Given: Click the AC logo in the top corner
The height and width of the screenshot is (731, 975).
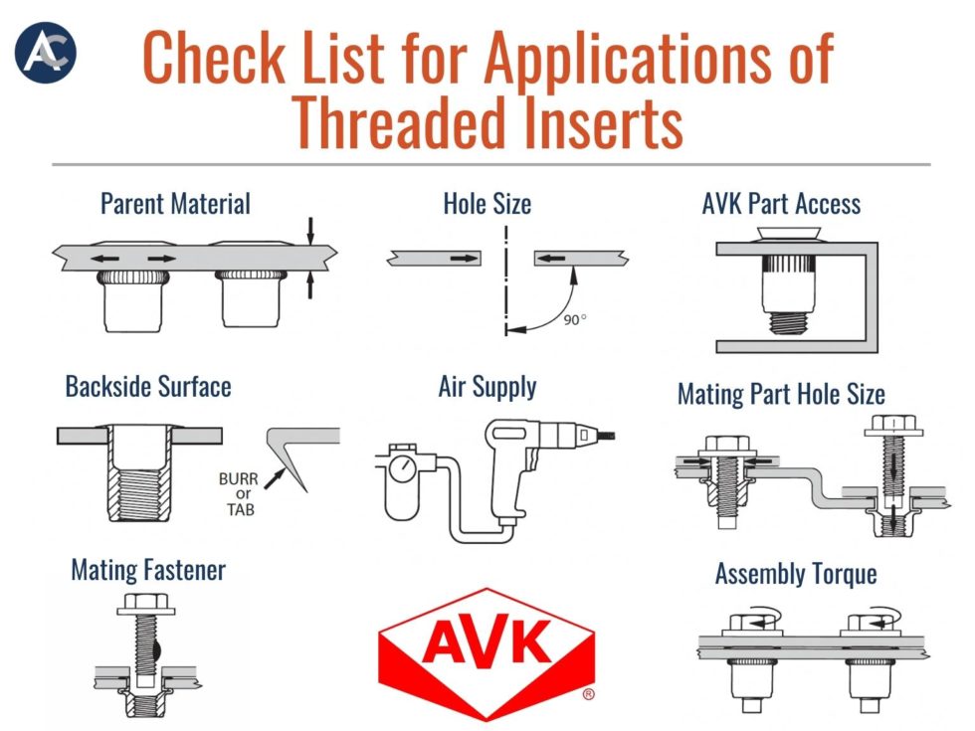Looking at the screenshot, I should pos(46,51).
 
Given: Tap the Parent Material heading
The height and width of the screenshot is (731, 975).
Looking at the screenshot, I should pos(175,204).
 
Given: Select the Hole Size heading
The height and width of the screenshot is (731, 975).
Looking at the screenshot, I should pos(487,204).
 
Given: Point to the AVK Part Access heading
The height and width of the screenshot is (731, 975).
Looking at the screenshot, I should pos(781,204).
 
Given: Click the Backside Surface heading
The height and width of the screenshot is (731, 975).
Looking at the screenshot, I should pos(148,386).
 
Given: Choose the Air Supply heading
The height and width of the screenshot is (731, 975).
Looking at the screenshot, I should pos(487,386).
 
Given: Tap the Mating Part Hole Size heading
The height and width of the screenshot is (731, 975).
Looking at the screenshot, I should pos(781,394).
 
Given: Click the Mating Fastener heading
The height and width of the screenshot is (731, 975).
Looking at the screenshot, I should pos(148,570).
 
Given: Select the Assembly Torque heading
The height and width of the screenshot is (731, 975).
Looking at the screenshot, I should pos(796,574).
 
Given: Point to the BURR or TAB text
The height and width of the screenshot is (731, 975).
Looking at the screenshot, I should pos(239,491).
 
